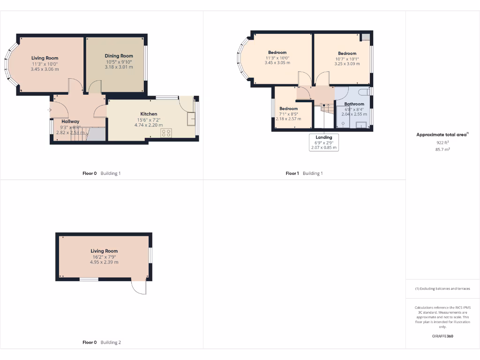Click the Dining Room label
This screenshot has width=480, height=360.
119,56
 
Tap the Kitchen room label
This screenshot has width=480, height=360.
149,114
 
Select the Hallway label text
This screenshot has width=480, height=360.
70,121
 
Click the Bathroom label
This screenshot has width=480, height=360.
354,104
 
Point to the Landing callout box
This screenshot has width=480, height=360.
323,142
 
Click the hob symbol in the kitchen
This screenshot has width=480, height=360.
166,133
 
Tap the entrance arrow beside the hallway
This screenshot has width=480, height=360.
49,110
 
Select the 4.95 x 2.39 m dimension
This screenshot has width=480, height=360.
104,262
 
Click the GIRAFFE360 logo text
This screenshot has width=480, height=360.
442,336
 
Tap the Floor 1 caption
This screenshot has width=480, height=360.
292,173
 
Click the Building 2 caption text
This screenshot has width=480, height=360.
111,343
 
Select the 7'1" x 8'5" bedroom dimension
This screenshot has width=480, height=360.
288,114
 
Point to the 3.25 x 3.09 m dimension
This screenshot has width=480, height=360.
347,64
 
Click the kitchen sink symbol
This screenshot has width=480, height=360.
191,119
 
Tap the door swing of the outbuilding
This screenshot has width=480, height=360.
139,287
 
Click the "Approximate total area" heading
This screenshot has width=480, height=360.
442,135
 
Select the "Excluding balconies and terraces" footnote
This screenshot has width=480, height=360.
442,289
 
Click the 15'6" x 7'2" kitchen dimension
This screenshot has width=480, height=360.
149,120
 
